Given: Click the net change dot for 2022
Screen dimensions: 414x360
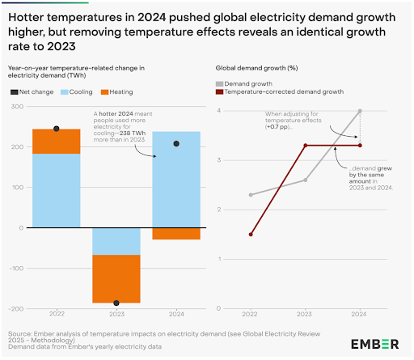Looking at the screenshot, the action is [57, 129].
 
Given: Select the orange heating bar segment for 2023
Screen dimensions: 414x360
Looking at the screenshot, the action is [116, 279].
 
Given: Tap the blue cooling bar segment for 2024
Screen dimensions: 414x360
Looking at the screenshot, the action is [176, 180].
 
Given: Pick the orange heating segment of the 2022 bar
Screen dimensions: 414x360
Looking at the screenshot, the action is [57, 142].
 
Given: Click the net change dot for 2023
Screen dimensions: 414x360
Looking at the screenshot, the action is [116, 303].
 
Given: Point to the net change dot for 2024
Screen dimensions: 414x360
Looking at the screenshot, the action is [176, 144].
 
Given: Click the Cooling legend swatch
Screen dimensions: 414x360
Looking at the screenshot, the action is [64, 92].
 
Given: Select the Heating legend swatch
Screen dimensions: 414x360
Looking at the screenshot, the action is [104, 92].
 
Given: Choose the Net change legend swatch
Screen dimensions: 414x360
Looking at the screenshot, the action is [15, 92].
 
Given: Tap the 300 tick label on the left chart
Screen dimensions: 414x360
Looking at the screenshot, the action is [17, 107].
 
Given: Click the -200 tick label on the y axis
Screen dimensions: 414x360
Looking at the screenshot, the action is [16, 309].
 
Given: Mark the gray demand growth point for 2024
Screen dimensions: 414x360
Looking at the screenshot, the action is [360, 111].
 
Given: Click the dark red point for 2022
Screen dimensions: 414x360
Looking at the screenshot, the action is [251, 235].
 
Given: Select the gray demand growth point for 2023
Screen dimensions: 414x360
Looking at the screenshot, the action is [306, 180].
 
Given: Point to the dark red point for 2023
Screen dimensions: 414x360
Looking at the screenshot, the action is [306, 146].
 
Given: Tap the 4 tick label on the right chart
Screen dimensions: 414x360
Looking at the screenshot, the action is [219, 111].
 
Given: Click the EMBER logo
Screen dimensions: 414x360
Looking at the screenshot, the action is [374, 345].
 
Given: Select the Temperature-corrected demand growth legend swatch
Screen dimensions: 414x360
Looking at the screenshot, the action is [219, 92].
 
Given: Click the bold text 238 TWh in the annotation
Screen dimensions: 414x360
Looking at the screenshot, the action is [133, 133].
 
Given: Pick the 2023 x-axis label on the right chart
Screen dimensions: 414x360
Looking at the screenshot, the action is [304, 314].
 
